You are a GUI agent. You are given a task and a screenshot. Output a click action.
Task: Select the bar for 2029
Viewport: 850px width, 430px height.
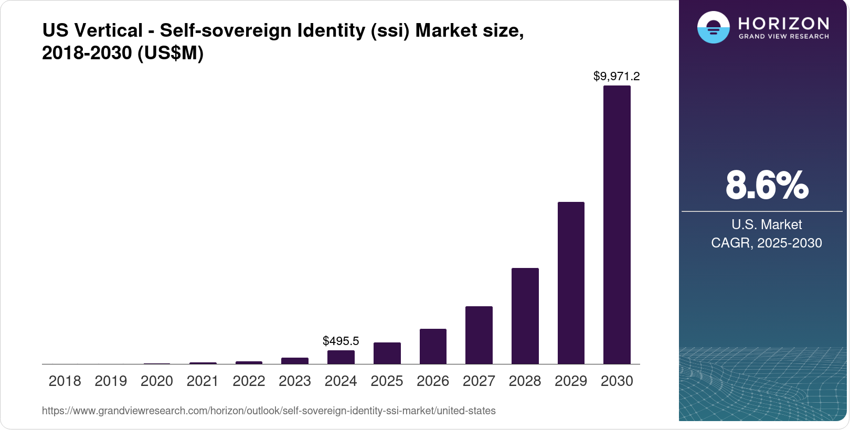coord(571,283)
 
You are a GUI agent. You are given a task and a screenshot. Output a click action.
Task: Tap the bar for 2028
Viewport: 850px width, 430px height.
coord(525,316)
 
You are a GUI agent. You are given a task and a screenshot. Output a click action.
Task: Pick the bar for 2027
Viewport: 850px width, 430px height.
coord(479,335)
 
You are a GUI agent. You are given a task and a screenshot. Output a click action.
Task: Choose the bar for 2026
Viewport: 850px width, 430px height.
coord(433,346)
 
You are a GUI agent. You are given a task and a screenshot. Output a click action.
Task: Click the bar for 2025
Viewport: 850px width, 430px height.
coord(387,353)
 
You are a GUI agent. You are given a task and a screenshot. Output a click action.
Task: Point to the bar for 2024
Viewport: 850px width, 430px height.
coord(341,357)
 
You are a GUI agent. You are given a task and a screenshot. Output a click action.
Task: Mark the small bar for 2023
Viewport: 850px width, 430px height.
coord(295,361)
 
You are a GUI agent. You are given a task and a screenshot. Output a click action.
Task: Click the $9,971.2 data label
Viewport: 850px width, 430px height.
coord(617,77)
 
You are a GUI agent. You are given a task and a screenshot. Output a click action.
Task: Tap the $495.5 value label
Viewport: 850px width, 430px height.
coord(341,341)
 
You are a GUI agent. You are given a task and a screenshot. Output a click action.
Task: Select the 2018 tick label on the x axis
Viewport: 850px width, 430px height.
coord(65,381)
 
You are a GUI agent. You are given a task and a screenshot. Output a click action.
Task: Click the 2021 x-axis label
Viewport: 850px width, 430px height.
coord(203,381)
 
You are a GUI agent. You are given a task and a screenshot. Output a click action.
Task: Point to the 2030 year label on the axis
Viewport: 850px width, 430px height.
coord(617,381)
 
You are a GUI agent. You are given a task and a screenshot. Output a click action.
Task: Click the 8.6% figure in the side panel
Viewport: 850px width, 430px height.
coord(767,185)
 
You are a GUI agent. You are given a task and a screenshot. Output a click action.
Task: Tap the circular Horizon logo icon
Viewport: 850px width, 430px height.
coord(713,27)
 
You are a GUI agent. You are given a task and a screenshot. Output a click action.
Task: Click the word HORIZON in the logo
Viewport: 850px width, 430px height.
coord(783,23)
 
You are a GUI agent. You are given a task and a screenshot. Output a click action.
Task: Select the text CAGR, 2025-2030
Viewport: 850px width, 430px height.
coord(766,243)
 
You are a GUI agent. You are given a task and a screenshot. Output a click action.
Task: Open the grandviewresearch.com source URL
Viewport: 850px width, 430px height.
coord(269,411)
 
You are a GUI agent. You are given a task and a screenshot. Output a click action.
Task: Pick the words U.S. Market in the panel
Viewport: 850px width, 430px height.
coord(767,224)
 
